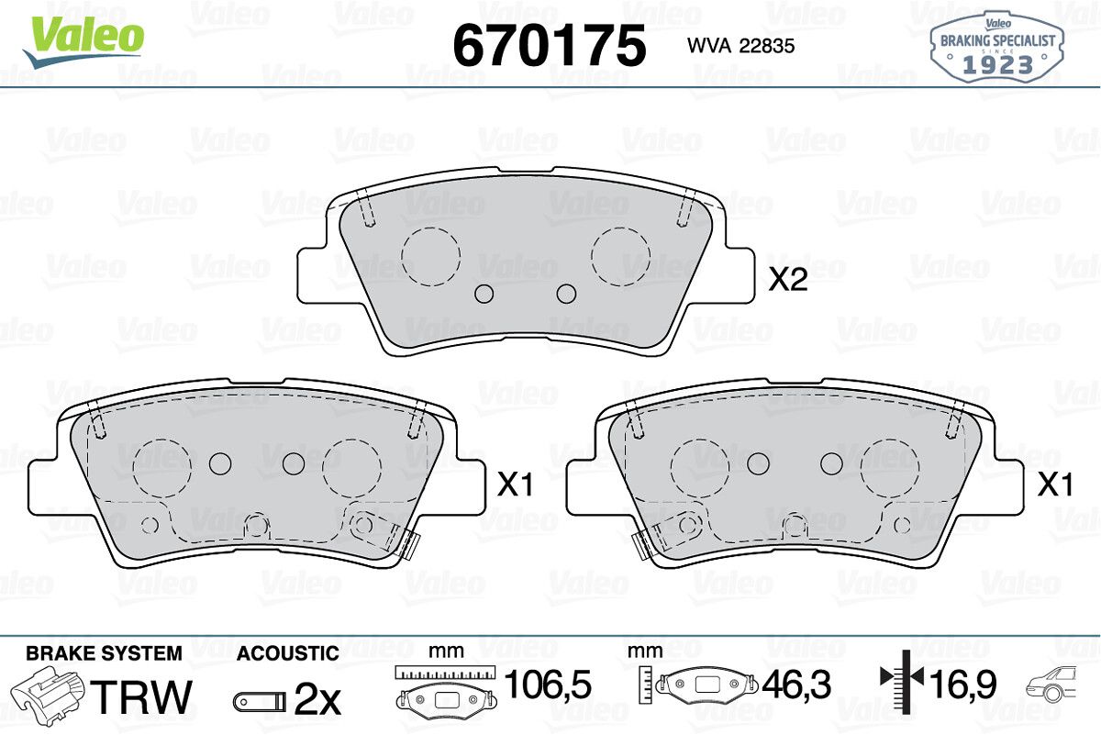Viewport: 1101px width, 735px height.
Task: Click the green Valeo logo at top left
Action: click(83, 42)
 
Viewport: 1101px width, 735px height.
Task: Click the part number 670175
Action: click(549, 45)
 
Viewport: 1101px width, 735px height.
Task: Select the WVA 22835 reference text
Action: click(741, 46)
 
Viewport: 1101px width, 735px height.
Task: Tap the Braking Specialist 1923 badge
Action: click(997, 47)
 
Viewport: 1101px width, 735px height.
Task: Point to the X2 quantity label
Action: click(788, 280)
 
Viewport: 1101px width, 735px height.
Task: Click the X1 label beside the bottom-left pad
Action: click(515, 484)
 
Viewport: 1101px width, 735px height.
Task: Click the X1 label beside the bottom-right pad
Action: click(1055, 484)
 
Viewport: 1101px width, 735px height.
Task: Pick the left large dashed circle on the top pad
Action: click(430, 256)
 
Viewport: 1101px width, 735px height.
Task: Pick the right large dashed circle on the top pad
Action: click(621, 256)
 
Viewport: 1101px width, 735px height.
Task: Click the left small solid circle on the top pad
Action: click(484, 294)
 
